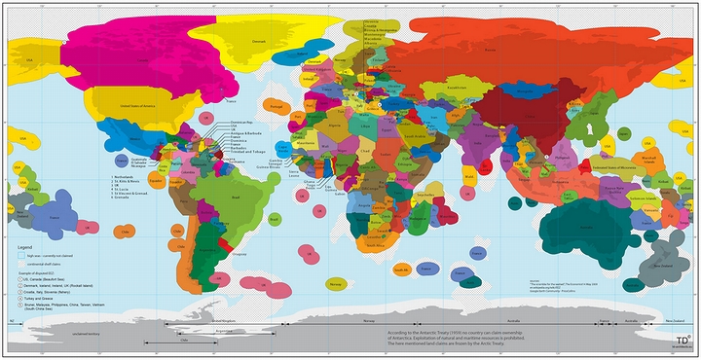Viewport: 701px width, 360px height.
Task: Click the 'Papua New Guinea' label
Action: pos(610,192)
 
